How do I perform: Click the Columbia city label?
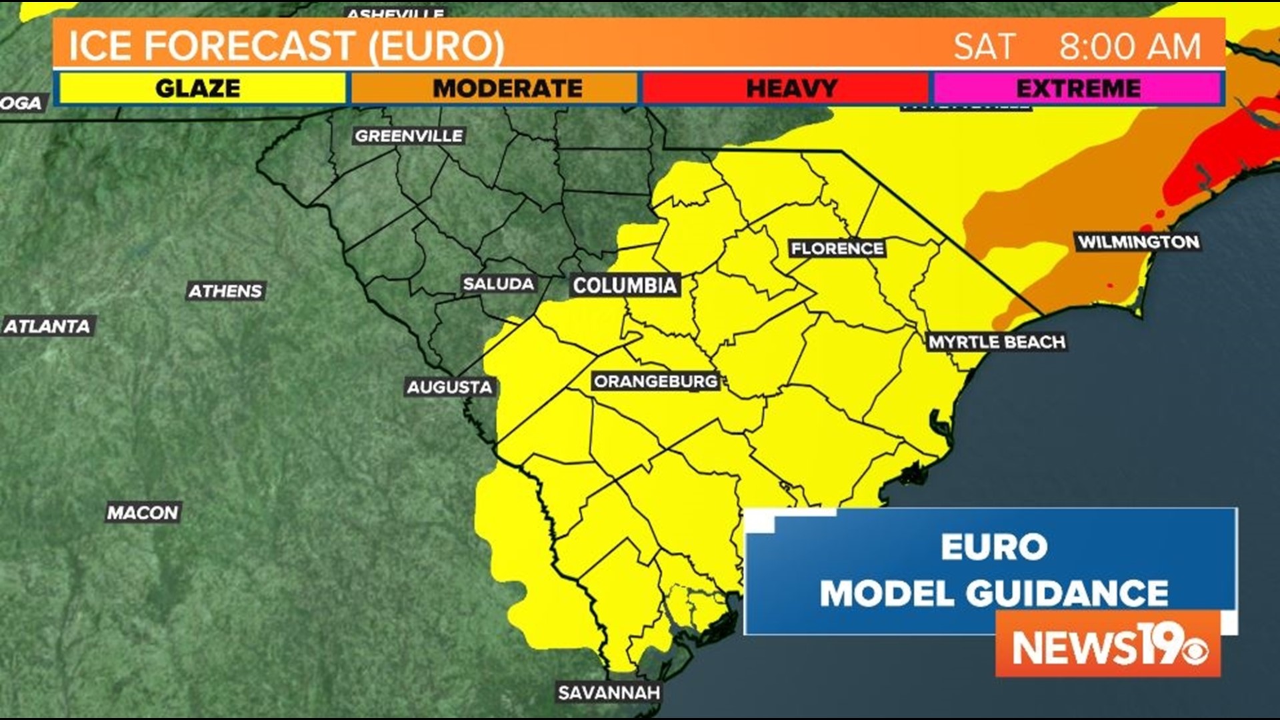[625, 285]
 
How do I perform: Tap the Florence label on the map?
[837, 249]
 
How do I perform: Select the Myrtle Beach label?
[996, 342]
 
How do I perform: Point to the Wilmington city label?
[1138, 242]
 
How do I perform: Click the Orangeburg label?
[655, 381]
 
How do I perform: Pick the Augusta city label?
[449, 387]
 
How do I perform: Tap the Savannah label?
[609, 693]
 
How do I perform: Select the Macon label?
[143, 513]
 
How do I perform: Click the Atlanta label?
[47, 326]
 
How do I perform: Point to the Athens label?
[225, 291]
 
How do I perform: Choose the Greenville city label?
[409, 136]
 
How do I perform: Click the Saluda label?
[498, 284]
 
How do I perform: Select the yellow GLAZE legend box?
[200, 88]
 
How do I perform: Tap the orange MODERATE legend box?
[493, 88]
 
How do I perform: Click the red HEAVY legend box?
[785, 88]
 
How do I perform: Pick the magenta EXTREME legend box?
[1077, 88]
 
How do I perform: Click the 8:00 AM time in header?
[1130, 47]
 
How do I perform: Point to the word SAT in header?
[983, 47]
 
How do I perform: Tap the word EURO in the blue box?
[993, 547]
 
